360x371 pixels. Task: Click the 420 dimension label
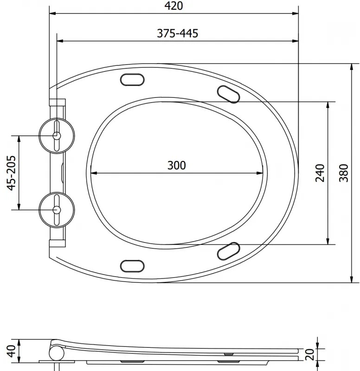point(174,6)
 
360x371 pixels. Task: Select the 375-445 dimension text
point(178,33)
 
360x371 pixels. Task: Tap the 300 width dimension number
point(176,166)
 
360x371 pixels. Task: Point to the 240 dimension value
point(320,173)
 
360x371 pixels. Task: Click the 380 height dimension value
point(343,173)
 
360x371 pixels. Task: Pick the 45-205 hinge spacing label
point(10,173)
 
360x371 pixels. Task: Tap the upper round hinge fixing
point(56,135)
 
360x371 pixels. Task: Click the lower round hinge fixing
point(56,210)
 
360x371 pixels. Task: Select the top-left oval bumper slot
point(132,80)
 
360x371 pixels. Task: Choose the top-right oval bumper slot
point(229,93)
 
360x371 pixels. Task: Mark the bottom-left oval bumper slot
point(132,266)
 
